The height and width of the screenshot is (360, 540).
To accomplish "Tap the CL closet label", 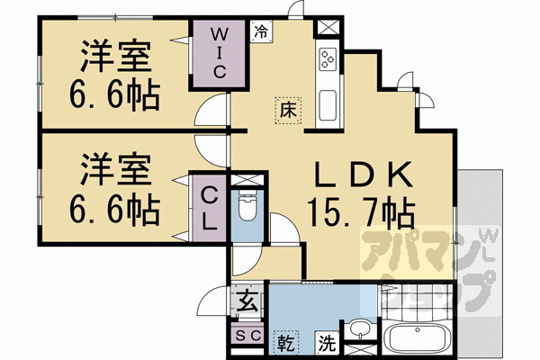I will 209,208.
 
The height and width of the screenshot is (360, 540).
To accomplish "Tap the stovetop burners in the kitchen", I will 326,59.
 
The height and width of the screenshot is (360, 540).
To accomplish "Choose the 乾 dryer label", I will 285,343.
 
